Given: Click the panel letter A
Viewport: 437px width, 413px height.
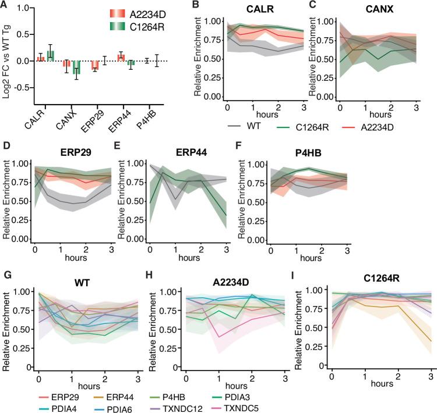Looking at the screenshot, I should (x=6, y=6).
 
